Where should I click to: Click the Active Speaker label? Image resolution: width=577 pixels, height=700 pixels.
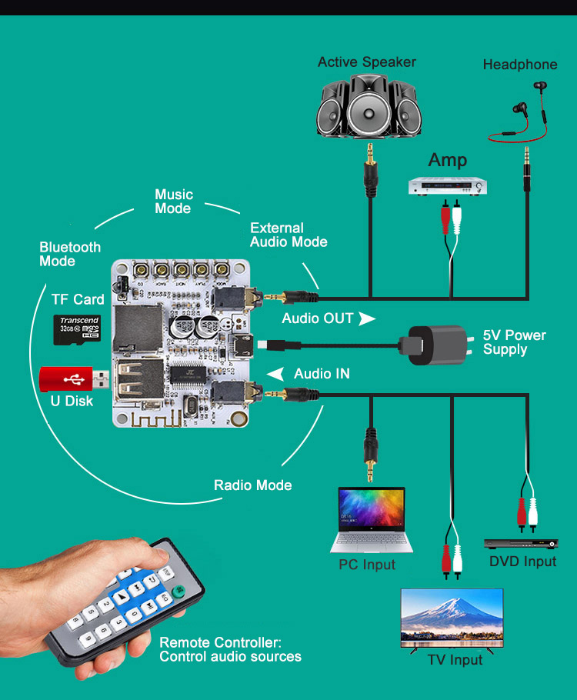tap(367, 62)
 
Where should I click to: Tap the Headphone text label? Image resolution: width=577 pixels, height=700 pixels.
tap(520, 65)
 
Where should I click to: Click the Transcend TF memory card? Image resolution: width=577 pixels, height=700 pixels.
tap(77, 328)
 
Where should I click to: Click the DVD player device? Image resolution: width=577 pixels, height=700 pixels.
tap(520, 543)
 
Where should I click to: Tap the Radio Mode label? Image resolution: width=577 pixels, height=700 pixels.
tap(252, 485)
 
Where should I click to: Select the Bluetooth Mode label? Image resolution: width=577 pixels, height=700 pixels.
tap(70, 254)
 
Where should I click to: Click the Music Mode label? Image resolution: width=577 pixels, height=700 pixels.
tap(174, 202)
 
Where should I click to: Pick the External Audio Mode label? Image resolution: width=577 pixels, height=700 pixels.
tap(288, 235)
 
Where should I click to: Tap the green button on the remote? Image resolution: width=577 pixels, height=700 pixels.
tap(178, 592)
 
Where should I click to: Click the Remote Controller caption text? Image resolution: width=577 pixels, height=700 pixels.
tap(230, 649)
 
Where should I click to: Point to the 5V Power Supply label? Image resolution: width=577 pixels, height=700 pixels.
tap(514, 342)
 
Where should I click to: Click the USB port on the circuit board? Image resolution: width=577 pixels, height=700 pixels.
tap(141, 380)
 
